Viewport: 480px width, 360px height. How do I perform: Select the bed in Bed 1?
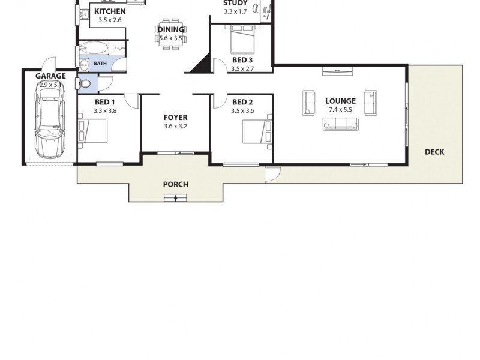click(x=93, y=131)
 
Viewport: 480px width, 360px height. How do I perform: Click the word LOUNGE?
click(x=340, y=101)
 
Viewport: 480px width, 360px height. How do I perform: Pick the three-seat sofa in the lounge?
click(x=341, y=124)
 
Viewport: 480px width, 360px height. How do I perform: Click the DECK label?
click(x=434, y=152)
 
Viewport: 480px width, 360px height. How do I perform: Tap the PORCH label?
click(x=176, y=184)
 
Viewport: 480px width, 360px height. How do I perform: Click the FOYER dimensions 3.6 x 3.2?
click(x=176, y=127)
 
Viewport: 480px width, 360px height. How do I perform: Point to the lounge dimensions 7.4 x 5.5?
click(x=341, y=110)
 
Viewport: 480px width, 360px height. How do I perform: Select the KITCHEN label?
click(x=110, y=11)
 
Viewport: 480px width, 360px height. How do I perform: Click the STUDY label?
click(x=235, y=3)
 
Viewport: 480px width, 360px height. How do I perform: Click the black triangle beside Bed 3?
click(x=201, y=64)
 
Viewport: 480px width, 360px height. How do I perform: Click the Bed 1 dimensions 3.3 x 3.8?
click(x=105, y=110)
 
